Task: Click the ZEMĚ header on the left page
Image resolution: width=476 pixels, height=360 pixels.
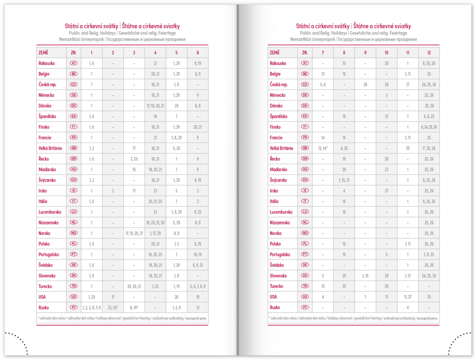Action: (x=44, y=53)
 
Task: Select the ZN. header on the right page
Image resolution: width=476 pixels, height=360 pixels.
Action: (x=305, y=53)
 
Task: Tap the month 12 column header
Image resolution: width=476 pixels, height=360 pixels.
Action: (x=429, y=53)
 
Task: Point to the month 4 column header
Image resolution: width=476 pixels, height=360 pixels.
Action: (x=155, y=53)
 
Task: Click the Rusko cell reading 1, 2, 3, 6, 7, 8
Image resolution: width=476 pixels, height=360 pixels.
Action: (x=91, y=307)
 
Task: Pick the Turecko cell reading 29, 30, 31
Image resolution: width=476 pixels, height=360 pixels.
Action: (x=134, y=287)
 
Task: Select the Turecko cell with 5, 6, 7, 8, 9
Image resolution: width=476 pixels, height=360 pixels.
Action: (x=198, y=287)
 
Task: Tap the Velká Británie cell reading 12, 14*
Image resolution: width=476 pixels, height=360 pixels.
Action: (x=323, y=148)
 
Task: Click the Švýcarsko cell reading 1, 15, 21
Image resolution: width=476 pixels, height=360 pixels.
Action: (x=344, y=180)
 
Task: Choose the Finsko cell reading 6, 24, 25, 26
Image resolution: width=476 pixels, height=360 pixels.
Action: (x=429, y=127)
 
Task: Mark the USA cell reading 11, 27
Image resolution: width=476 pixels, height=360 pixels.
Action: (x=408, y=297)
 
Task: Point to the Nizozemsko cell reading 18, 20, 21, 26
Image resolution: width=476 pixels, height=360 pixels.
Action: (x=155, y=223)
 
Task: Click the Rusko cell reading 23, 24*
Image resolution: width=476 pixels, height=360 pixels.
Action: (x=112, y=307)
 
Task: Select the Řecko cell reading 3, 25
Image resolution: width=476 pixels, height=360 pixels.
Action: (x=134, y=159)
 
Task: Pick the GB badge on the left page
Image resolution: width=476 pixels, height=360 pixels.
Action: (x=73, y=148)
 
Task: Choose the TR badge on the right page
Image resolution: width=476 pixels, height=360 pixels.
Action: (x=305, y=287)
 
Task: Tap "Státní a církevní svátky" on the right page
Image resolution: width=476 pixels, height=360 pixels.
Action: (x=323, y=26)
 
